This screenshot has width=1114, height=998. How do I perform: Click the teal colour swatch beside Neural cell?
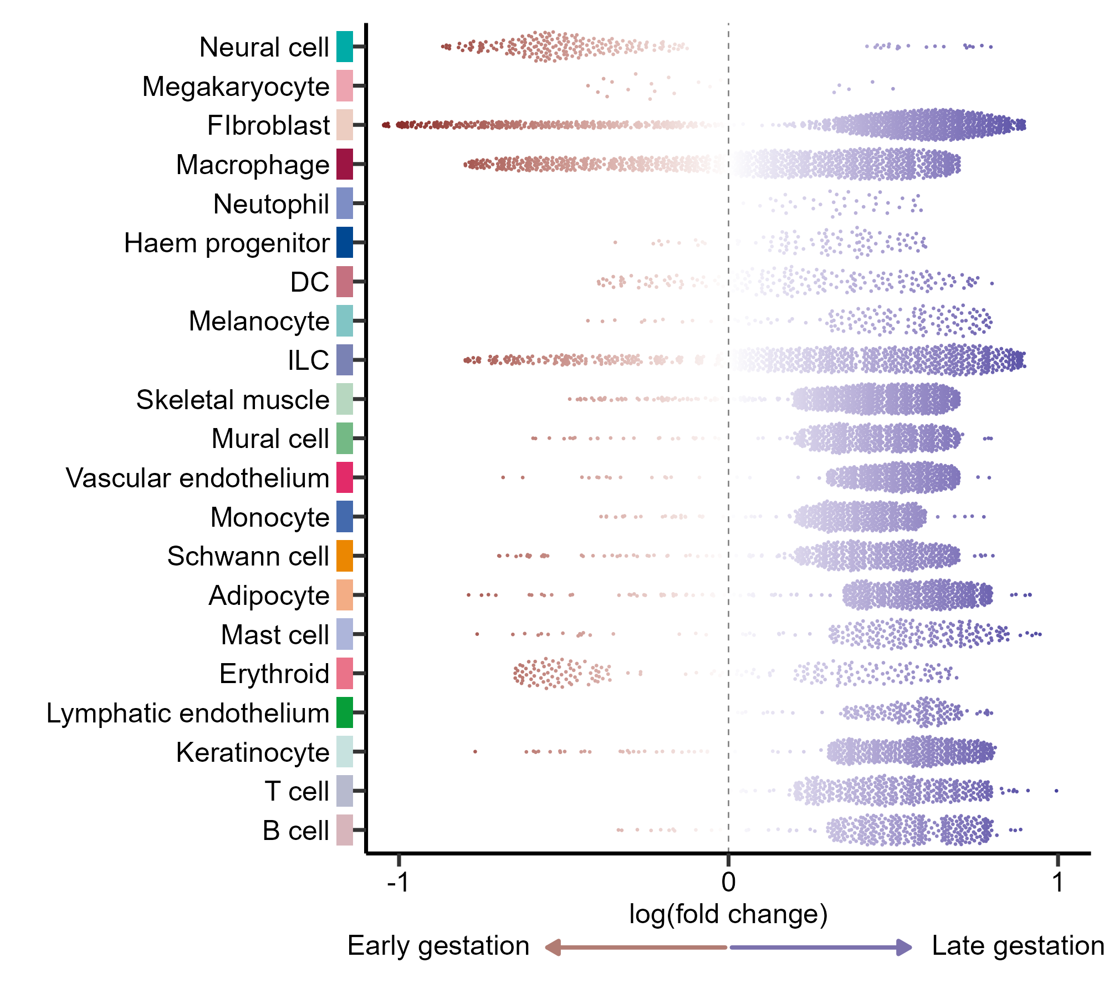[344, 47]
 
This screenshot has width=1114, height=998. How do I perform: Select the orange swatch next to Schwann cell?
[344, 556]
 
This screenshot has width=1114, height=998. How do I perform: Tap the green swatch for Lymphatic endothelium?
[344, 712]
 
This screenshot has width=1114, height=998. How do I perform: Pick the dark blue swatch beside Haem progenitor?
[344, 242]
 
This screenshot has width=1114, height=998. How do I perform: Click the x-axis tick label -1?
[398, 882]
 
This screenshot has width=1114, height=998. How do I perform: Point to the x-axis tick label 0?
[728, 882]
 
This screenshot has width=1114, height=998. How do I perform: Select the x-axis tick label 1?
[1057, 882]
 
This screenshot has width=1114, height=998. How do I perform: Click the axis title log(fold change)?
[728, 914]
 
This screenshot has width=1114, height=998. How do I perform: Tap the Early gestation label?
[438, 946]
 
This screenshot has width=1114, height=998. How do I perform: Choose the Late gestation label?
[1018, 946]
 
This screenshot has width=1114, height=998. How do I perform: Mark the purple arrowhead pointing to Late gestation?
[905, 947]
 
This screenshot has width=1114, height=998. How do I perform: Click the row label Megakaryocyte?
[236, 86]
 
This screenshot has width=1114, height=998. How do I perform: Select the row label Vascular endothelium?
[197, 478]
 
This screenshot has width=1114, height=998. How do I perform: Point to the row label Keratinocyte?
[253, 752]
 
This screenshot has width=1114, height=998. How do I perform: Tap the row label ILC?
[308, 360]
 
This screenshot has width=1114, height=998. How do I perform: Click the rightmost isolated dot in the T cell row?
[1056, 791]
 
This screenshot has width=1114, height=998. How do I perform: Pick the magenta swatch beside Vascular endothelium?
[344, 477]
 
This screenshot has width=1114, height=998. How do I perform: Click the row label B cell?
[296, 831]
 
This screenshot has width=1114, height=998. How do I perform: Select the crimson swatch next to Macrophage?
[344, 164]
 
